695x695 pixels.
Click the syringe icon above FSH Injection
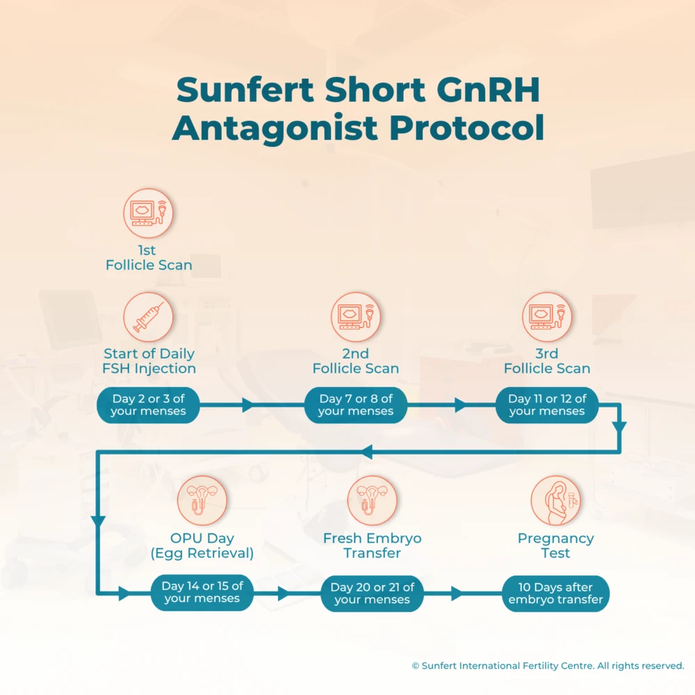pos(148,317)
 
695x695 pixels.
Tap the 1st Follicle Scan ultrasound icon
pos(148,213)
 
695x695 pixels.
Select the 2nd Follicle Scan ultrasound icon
pos(355,317)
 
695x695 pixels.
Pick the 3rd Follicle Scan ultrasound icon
pos(547,317)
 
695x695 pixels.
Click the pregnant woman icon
pos(555,500)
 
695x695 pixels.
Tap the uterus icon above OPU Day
pos(202,500)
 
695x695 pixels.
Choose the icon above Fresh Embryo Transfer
pos(372,500)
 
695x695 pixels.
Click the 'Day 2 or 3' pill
pos(149,404)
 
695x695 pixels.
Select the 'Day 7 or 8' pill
pos(356,404)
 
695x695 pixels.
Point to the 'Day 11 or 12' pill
pos(547,404)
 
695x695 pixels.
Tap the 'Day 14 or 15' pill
pos(202,592)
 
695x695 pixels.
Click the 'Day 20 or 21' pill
pos(372,593)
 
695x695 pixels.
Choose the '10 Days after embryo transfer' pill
pos(555,593)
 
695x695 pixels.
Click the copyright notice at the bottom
pos(548,665)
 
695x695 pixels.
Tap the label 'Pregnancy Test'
pos(555,546)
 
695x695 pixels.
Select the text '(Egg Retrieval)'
pos(202,553)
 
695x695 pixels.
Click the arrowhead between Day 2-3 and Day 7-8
pos(248,405)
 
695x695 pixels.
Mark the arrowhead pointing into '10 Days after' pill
pos(457,594)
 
